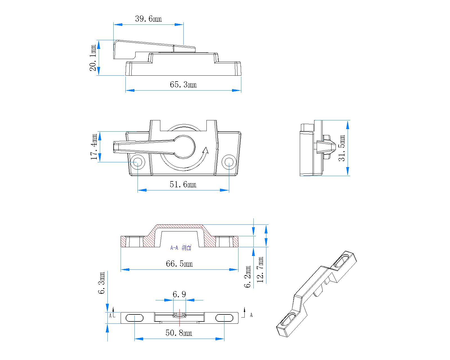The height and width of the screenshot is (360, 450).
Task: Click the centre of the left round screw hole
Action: click(138, 162)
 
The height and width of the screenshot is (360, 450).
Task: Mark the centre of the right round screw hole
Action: click(229, 162)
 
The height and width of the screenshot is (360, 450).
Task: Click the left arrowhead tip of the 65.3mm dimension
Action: click(126, 90)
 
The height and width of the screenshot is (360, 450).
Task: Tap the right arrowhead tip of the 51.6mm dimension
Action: click(229, 190)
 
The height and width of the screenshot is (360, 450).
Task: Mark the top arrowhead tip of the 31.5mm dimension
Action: click(348, 120)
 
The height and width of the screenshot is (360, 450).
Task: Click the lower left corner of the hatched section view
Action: click(121, 247)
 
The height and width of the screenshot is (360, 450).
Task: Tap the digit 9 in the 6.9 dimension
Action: click(183, 294)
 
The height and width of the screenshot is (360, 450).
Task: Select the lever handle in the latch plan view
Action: click(154, 147)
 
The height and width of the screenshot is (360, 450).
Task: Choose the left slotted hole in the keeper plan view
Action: click(134, 318)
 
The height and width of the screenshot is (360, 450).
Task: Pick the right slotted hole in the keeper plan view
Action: click(224, 318)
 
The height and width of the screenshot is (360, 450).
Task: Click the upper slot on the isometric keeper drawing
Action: click(341, 261)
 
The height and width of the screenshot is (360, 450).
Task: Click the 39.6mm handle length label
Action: click(148, 19)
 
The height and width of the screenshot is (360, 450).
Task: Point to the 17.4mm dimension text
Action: click(94, 147)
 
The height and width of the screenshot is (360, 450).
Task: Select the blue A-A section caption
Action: click(181, 248)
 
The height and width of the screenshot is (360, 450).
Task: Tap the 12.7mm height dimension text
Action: click(260, 269)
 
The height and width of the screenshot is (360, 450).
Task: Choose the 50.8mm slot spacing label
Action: click(179, 333)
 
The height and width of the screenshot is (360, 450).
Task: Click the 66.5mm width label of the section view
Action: click(179, 264)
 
